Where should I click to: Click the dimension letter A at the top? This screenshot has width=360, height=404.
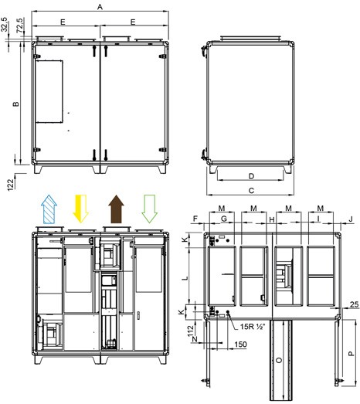(100, 6)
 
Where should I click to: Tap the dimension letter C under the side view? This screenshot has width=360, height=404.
(251, 189)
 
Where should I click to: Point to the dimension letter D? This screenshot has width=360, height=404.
(251, 175)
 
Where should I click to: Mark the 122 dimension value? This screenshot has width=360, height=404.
(10, 184)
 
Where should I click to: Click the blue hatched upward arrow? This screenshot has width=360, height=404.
(49, 209)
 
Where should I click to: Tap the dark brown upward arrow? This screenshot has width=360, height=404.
(116, 209)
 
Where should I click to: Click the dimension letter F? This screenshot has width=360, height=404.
(196, 220)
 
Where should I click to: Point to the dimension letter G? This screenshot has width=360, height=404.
(223, 220)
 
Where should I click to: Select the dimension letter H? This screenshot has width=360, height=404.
(272, 220)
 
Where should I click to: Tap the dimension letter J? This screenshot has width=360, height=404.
(350, 220)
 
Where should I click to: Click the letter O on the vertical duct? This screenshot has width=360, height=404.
(277, 362)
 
